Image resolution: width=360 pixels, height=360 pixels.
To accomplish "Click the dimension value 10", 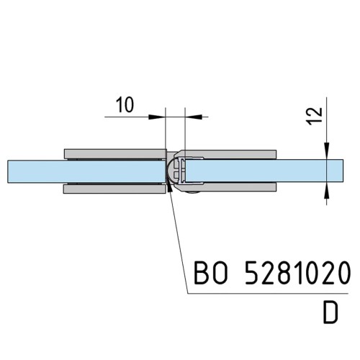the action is [125, 105].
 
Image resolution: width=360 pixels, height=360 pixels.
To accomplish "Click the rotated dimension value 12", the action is [315, 116].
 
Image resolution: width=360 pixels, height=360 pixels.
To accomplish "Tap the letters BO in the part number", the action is [210, 273].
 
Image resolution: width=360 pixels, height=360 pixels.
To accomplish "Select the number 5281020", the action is [297, 273].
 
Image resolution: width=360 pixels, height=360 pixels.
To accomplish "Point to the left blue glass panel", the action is [86, 171].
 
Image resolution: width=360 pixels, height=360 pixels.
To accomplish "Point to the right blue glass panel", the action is [264, 171].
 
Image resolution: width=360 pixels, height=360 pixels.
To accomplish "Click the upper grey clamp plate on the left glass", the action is [115, 154].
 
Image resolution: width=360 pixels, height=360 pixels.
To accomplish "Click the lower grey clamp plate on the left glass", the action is [114, 189].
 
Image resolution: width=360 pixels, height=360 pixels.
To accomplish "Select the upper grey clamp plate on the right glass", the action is [228, 154].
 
